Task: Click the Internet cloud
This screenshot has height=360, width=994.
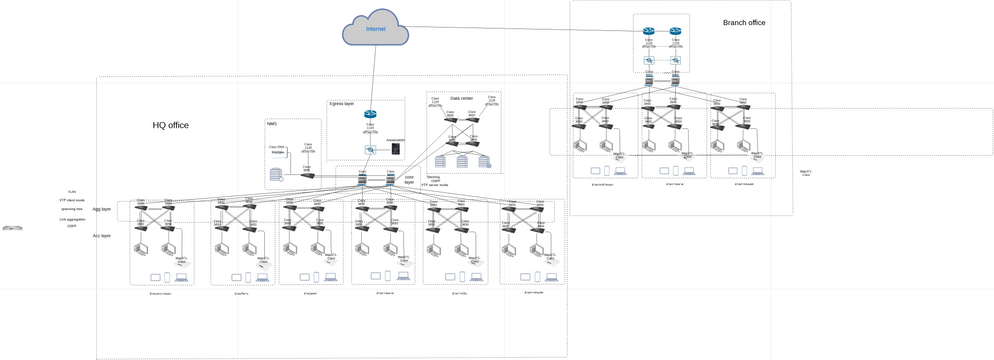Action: click(x=375, y=30)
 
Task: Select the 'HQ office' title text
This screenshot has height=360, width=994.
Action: click(x=170, y=125)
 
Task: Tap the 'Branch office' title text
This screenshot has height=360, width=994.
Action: click(x=743, y=22)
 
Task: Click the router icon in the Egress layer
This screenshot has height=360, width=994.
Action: click(x=369, y=115)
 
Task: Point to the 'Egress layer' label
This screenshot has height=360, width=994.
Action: click(x=342, y=103)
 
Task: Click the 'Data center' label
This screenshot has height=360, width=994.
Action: click(x=461, y=98)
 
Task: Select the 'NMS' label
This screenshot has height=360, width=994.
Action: click(x=271, y=123)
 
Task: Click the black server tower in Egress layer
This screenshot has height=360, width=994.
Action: click(x=396, y=149)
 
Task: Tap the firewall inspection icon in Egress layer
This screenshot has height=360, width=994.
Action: click(x=369, y=149)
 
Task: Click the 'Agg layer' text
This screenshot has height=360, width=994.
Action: click(x=102, y=209)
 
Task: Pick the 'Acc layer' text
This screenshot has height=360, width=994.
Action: click(x=102, y=236)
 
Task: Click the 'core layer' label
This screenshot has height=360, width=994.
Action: click(x=409, y=180)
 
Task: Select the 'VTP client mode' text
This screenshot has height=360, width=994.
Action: click(x=72, y=200)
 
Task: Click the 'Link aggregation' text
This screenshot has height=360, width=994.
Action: click(x=72, y=218)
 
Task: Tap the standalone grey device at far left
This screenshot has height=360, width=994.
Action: click(x=12, y=228)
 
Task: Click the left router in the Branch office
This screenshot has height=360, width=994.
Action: click(x=649, y=31)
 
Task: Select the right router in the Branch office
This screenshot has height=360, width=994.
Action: click(x=676, y=31)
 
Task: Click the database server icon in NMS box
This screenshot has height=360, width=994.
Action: click(x=276, y=175)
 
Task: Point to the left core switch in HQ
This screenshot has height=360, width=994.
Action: click(x=362, y=184)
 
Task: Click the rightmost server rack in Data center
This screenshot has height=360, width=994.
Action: click(x=484, y=160)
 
